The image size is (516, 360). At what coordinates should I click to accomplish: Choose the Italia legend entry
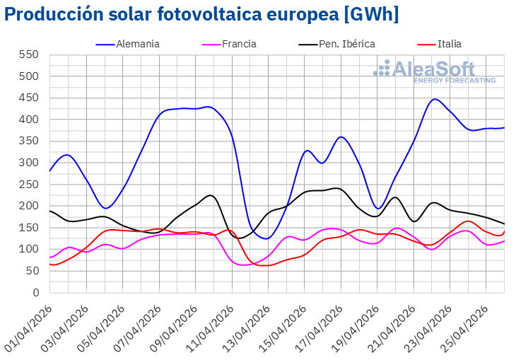click(450, 44)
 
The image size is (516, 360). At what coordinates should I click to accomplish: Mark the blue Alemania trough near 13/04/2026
click(267, 238)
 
